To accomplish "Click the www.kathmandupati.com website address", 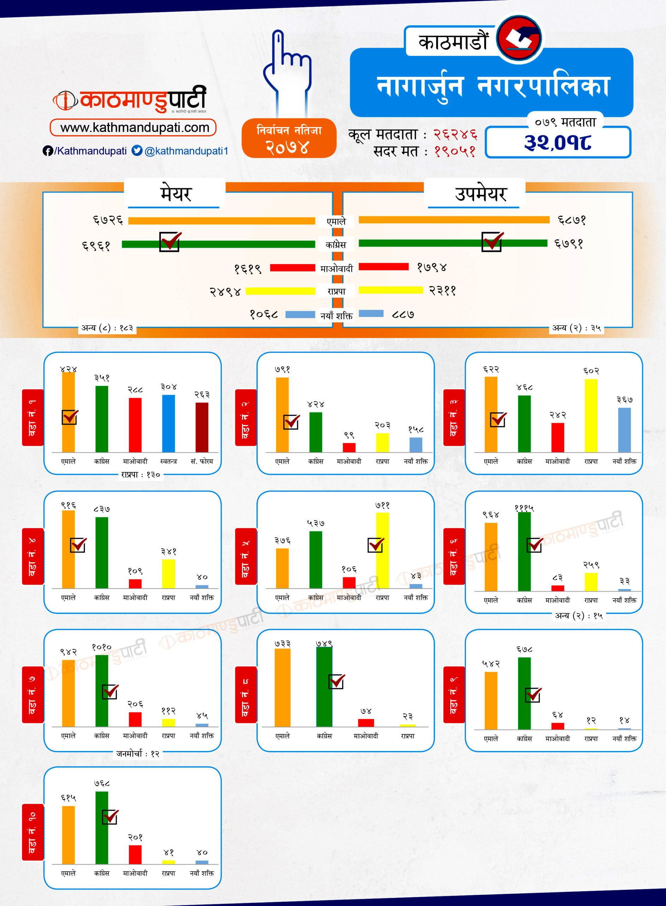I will coord(135,128).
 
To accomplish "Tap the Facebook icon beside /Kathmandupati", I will coord(47,151).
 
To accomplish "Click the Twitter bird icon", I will coord(137,150).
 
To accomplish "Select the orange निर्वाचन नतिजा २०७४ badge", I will coord(289,138).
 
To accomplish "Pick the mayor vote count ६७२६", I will coord(108,220).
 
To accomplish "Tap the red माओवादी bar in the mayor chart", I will coord(292,268).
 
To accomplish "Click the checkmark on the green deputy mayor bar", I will coord(492,242).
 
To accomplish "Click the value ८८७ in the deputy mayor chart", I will coord(403,315).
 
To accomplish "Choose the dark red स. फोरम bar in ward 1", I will coord(202,427).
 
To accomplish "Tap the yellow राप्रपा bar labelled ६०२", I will coord(591,415).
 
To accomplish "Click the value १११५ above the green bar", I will coord(524,508).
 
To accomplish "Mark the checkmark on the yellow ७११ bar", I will coord(376,545).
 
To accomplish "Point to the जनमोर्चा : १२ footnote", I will coord(138,753).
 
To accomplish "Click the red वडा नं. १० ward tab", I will coord(33,832).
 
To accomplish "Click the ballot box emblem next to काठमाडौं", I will coord(519,38).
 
